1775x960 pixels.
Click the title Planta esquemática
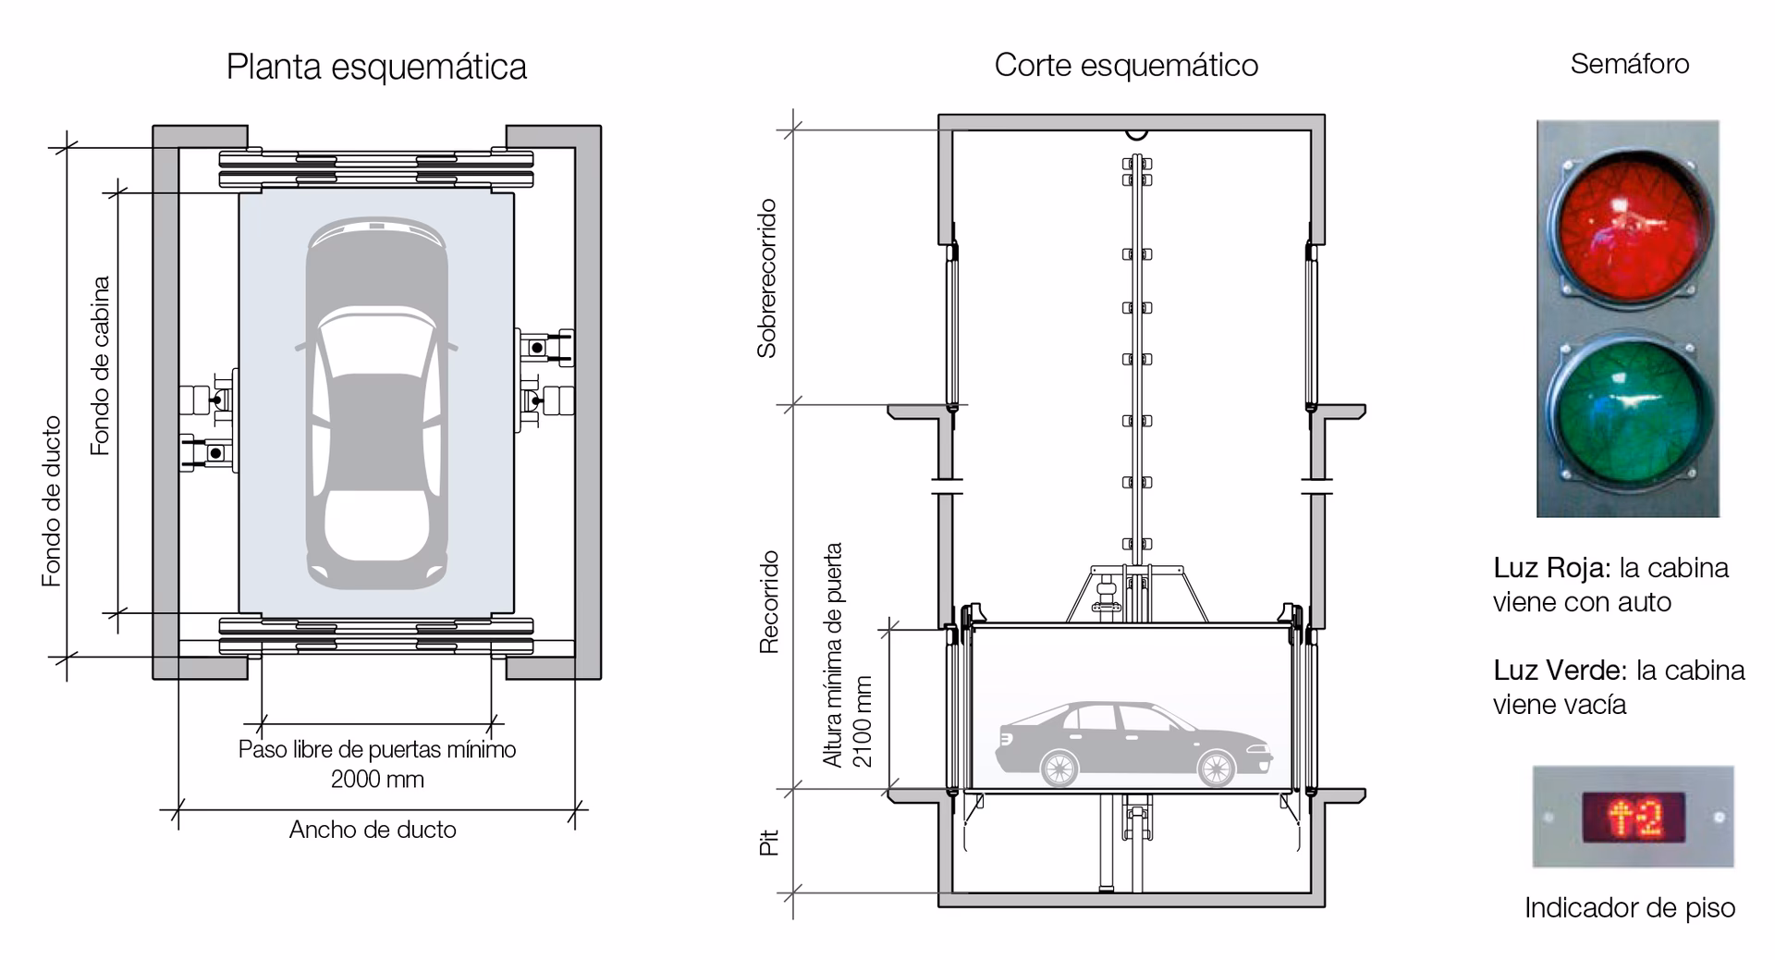pos(376,68)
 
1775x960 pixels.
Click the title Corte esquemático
pos(1125,66)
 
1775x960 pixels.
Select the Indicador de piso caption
pos(1629,907)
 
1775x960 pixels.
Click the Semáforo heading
pos(1629,64)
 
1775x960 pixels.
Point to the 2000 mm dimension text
pos(377,779)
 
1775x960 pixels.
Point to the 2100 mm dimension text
pos(862,722)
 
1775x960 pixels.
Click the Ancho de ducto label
pos(373,830)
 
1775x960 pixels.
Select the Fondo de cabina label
pos(100,365)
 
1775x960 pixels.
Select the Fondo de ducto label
pos(52,500)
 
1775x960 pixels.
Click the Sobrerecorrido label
pos(766,278)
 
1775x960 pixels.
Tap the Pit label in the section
pos(769,842)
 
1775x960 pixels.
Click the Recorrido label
pos(769,602)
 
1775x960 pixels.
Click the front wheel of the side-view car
pos(1216,768)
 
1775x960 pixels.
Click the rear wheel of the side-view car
pos(1059,768)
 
